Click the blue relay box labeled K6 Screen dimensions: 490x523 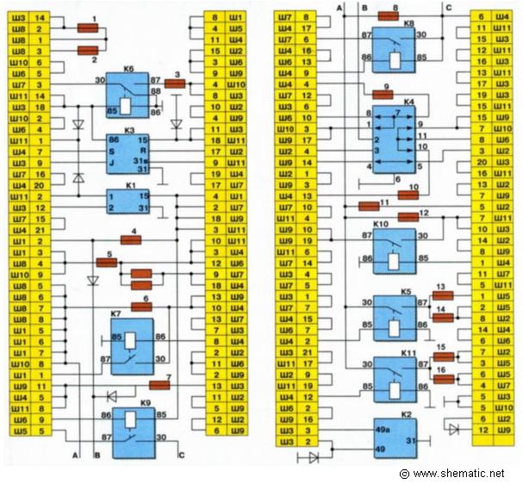point(128,95)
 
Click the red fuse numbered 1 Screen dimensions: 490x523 point(87,28)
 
